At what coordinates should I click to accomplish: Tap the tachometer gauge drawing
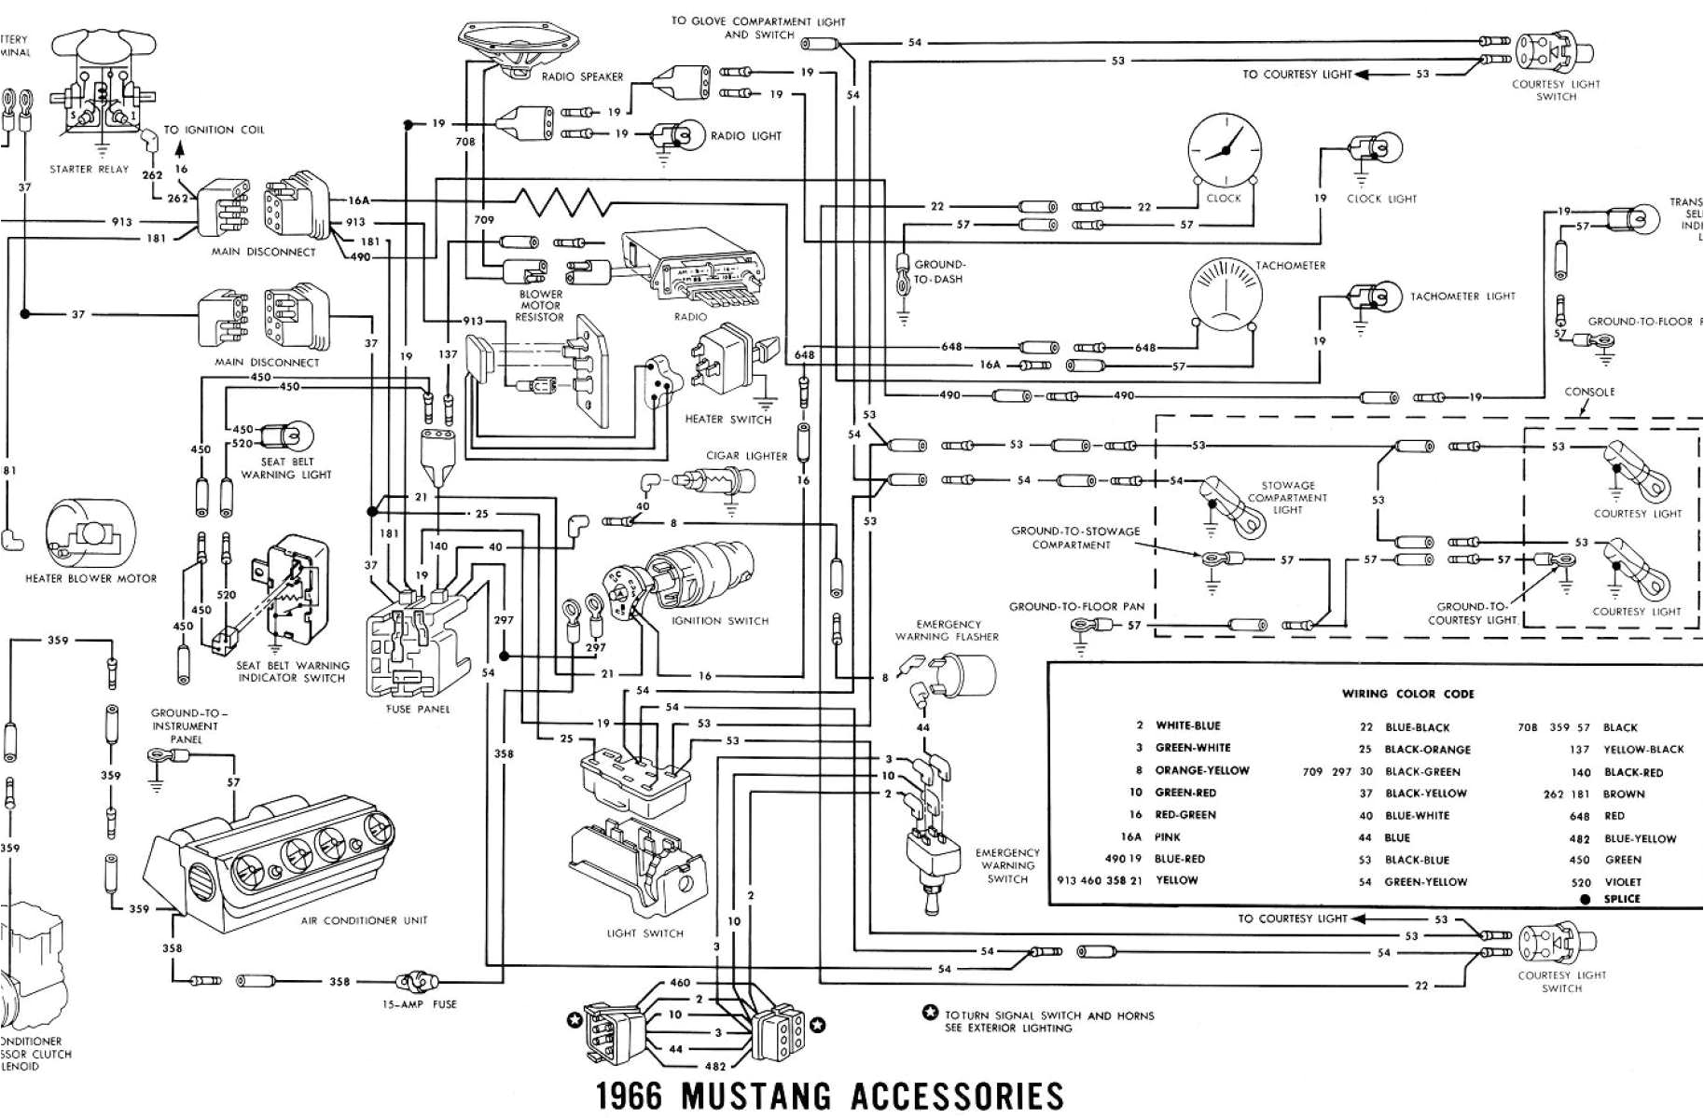[x=1226, y=294]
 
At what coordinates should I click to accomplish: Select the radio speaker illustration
[x=519, y=51]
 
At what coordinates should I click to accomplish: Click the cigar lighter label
[x=746, y=456]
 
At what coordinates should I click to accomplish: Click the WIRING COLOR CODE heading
[x=1407, y=694]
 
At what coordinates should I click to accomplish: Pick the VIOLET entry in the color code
[x=1622, y=882]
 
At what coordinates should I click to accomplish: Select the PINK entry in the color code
[x=1167, y=837]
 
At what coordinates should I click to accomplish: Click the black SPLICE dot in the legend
[x=1585, y=899]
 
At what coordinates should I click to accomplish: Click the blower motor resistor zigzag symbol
[x=560, y=201]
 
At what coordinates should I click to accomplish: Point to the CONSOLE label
[x=1589, y=392]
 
